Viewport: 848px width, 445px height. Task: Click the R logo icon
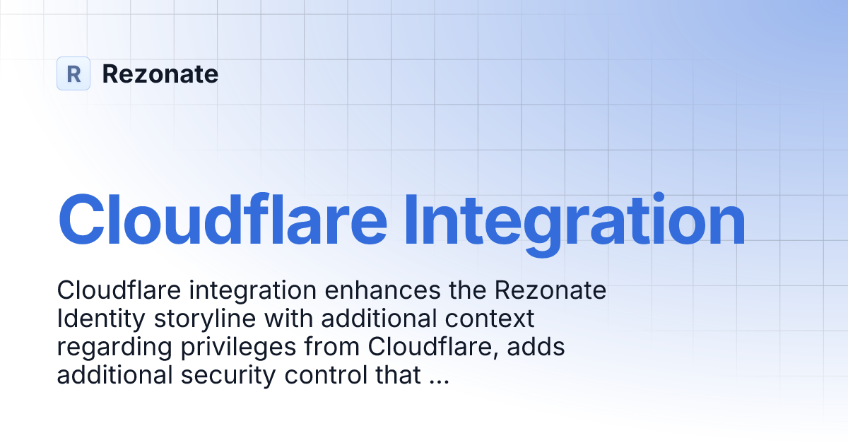click(x=73, y=73)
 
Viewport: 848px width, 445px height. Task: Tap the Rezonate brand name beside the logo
click(x=160, y=74)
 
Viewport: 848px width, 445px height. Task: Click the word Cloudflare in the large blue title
click(x=222, y=220)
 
